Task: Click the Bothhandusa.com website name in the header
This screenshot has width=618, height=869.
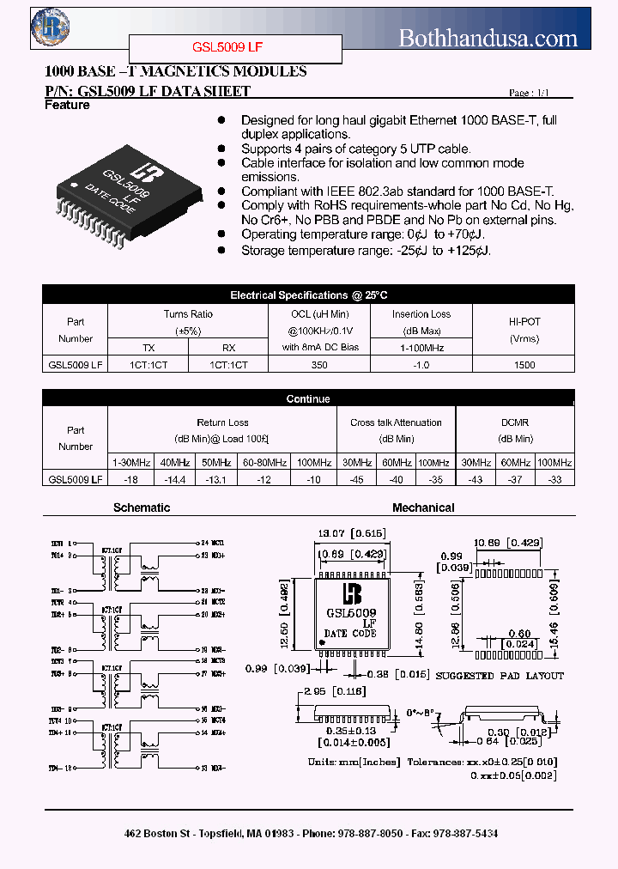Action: [488, 37]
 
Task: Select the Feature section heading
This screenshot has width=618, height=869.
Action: [67, 105]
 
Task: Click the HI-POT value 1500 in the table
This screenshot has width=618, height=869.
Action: [524, 364]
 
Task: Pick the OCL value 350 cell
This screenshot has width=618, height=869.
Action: [319, 364]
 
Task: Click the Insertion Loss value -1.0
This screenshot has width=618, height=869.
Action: [421, 364]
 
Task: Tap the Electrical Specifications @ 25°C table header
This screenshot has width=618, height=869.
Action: [309, 295]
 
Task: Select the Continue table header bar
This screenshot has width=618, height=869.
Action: [309, 399]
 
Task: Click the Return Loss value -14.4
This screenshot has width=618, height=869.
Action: [176, 479]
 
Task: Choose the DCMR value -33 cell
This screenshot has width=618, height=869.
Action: [555, 479]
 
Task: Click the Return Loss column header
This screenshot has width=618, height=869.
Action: [223, 422]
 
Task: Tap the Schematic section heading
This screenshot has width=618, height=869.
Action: [142, 507]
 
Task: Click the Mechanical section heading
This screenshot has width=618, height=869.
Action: [423, 507]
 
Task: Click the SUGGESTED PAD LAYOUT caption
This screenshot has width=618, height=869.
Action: [500, 676]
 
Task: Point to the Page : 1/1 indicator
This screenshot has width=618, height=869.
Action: [529, 93]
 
